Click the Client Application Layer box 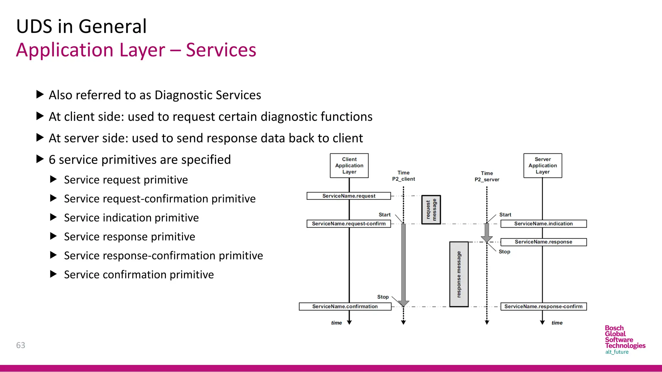click(349, 166)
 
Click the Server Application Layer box click(542, 166)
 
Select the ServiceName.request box click(348, 196)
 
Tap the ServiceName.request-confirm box click(348, 224)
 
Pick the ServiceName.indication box click(543, 224)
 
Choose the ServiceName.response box click(543, 242)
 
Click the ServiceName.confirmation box click(345, 306)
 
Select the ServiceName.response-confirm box click(543, 306)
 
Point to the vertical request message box click(431, 210)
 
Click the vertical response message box click(459, 274)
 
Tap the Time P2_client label click(403, 176)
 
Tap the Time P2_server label click(487, 176)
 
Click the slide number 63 click(21, 345)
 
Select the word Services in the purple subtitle click(221, 50)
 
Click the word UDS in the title click(34, 26)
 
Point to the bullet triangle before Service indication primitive click(54, 217)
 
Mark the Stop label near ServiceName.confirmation click(383, 297)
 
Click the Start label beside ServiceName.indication click(505, 215)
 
